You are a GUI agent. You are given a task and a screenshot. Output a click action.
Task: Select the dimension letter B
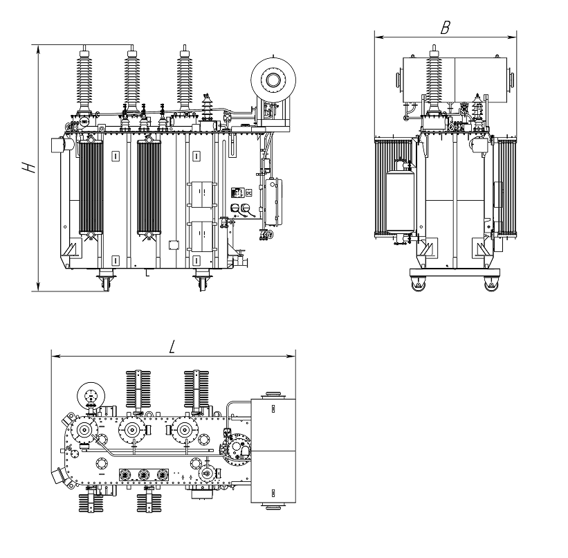point(446,27)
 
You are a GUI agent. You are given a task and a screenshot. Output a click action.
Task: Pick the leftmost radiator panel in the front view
point(91,186)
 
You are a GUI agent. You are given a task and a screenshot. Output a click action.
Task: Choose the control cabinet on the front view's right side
point(273,202)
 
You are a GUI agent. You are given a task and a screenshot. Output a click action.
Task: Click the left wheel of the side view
point(417,283)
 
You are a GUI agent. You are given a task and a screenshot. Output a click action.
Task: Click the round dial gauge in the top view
point(89,396)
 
